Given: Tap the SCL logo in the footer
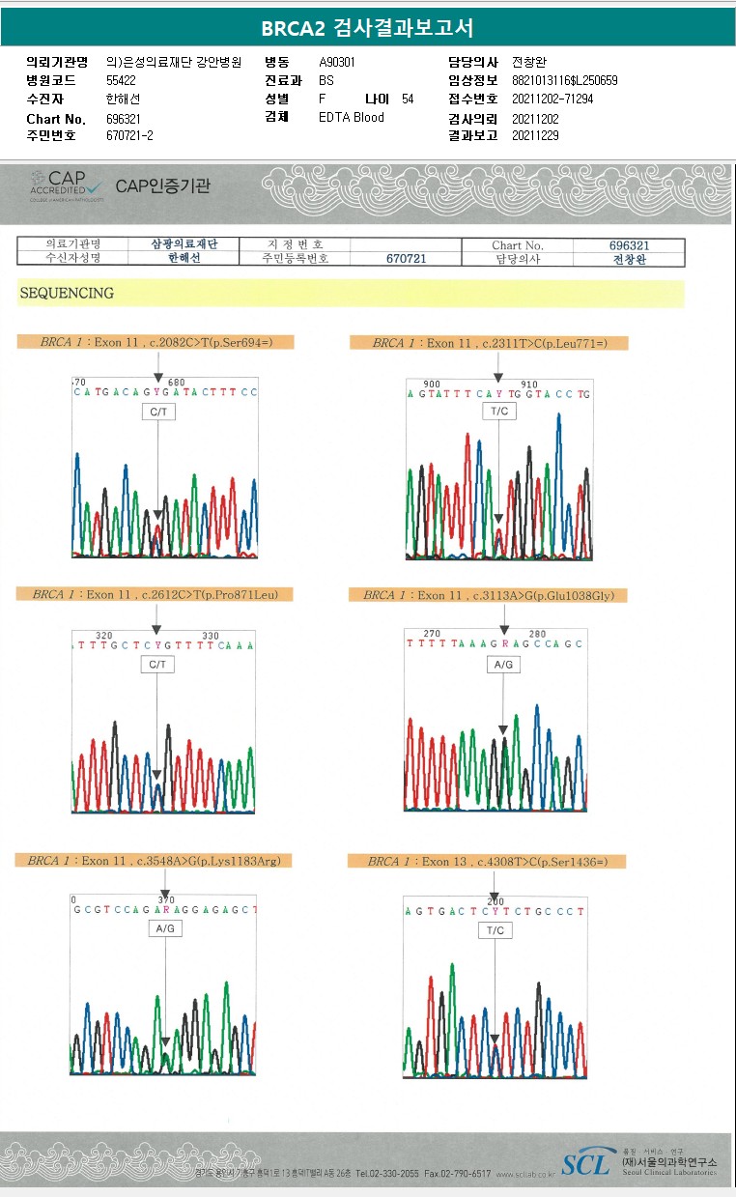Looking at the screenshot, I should click(586, 1163).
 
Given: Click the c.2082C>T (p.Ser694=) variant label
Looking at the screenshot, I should click(156, 342).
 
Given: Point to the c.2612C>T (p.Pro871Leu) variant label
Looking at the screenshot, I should click(155, 594).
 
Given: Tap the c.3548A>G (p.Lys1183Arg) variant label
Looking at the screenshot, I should click(155, 860).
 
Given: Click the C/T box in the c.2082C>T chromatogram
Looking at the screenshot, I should click(157, 412).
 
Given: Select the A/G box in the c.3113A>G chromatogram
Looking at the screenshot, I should click(503, 665).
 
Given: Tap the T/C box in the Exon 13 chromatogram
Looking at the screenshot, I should click(495, 929).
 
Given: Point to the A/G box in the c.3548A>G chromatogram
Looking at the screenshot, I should click(165, 927).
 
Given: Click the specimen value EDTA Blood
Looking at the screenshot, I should click(352, 118).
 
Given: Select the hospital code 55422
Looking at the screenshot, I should click(122, 80).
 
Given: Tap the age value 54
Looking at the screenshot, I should click(408, 99).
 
